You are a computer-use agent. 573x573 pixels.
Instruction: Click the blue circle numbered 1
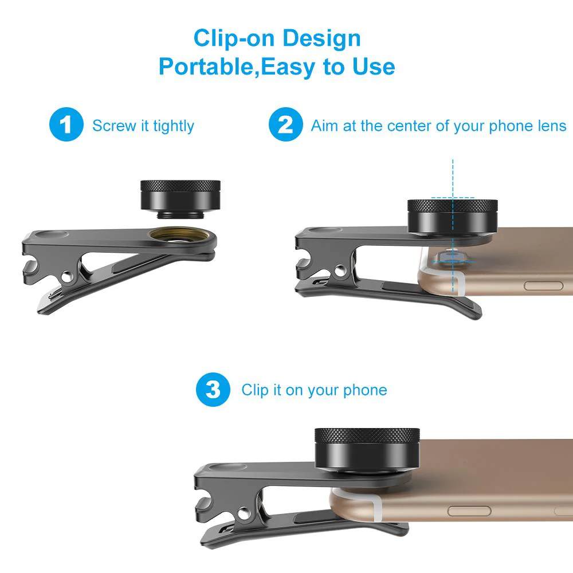pos(67,125)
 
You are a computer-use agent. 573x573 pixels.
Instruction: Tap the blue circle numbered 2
pos(285,125)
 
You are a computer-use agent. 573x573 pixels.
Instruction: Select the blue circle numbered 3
pos(213,390)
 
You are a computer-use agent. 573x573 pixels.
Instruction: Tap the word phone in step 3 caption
pos(365,391)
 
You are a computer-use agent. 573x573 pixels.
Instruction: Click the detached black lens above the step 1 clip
pos(180,198)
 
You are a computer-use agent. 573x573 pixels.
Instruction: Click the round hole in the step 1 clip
pos(68,277)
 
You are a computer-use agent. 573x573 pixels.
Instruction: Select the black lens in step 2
pos(452,217)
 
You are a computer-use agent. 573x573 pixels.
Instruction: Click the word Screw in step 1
pos(113,126)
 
